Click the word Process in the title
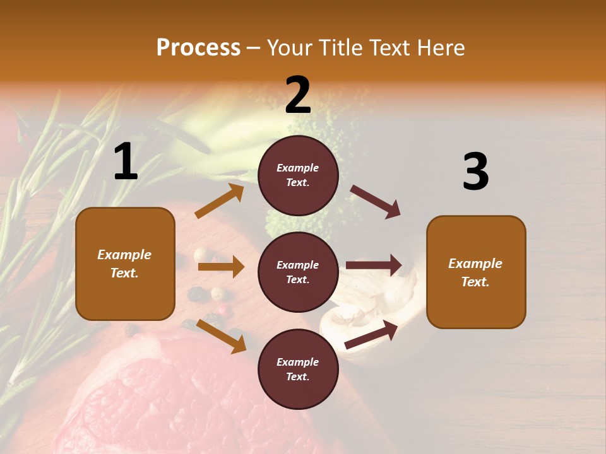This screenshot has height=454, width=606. [x=198, y=48]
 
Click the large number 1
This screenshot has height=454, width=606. [x=126, y=161]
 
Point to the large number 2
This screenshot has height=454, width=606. [x=298, y=95]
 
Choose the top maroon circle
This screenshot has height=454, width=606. [x=298, y=175]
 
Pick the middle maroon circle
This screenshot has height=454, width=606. [x=298, y=272]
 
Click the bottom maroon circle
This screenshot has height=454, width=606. [x=298, y=369]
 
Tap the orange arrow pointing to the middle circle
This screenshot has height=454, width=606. [x=221, y=267]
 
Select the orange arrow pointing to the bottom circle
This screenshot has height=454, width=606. [x=222, y=335]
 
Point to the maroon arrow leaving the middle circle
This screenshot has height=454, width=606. [x=374, y=265]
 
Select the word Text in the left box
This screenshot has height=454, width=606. [x=124, y=274]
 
